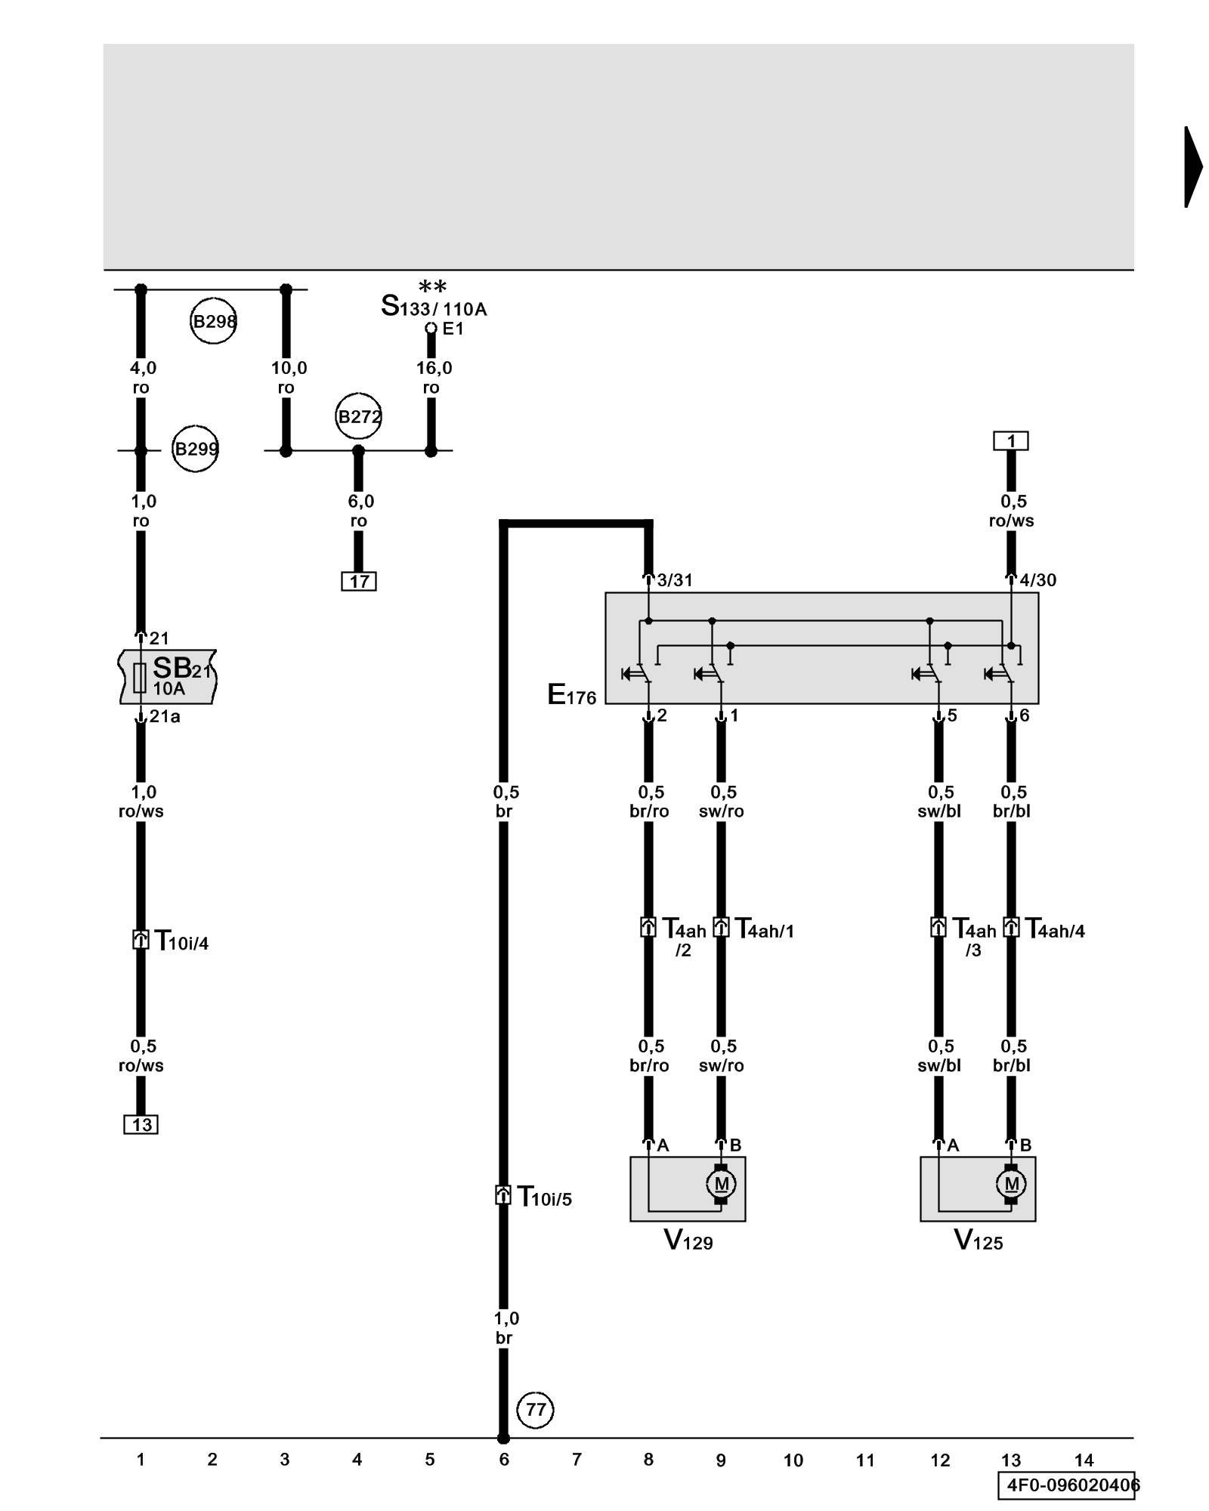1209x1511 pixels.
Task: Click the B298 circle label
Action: point(214,322)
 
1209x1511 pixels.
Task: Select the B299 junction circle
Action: point(196,450)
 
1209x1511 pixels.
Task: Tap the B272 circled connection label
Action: point(359,416)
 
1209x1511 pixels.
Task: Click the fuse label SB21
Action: point(181,669)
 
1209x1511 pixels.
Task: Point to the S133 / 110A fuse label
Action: point(434,307)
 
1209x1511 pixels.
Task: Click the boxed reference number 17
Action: point(359,581)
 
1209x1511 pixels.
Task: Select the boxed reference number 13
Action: point(141,1125)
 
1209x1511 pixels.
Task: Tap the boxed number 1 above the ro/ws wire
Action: point(1011,440)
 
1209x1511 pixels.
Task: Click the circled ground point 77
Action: point(536,1410)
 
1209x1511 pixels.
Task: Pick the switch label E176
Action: point(572,695)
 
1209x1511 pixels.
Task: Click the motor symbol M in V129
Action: point(721,1184)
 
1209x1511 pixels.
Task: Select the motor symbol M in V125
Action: point(1011,1184)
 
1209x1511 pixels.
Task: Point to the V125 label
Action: point(979,1240)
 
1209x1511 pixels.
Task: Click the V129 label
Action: point(688,1240)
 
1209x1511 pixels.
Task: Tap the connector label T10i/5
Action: point(544,1197)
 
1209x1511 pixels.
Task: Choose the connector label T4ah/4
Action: point(1055,929)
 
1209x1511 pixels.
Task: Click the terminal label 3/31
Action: point(674,580)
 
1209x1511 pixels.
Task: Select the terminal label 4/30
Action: point(1037,580)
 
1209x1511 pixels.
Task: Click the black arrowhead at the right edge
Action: point(1192,167)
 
